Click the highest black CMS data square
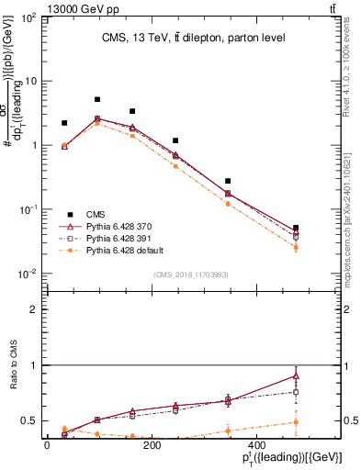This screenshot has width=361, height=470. tap(97, 99)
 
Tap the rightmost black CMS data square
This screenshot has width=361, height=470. tap(295, 228)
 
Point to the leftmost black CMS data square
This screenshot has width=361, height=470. tap(64, 123)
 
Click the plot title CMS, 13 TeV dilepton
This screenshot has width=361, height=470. tap(193, 38)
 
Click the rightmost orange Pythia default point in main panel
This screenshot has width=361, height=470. tap(295, 247)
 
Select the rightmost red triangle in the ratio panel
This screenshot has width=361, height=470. tap(295, 375)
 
